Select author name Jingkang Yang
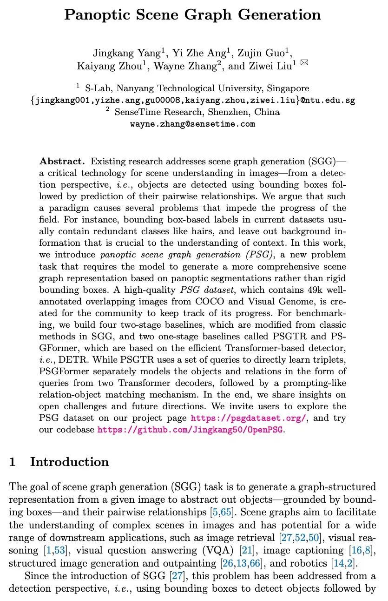pyautogui.click(x=120, y=52)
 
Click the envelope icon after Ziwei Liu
pyautogui.click(x=304, y=63)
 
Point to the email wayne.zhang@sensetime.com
pyautogui.click(x=192, y=124)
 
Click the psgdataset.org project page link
pyautogui.click(x=248, y=418)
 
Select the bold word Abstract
pyautogui.click(x=62, y=162)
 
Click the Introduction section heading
pyautogui.click(x=69, y=462)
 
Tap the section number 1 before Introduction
pyautogui.click(x=13, y=462)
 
